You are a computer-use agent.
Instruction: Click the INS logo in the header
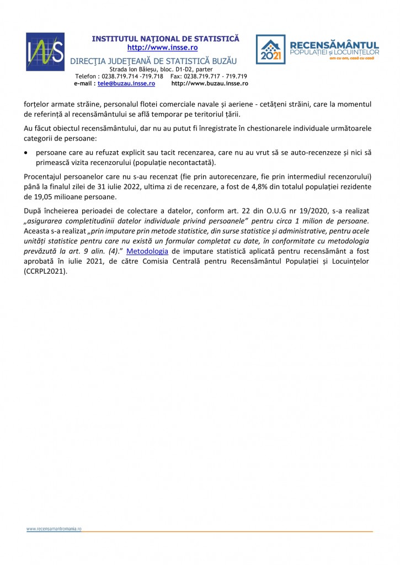pyautogui.click(x=45, y=51)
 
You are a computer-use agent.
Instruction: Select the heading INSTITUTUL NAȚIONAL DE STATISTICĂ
pyautogui.click(x=166, y=39)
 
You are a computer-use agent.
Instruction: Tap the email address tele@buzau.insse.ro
pyautogui.click(x=126, y=84)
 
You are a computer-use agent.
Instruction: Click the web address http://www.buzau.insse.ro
pyautogui.click(x=210, y=84)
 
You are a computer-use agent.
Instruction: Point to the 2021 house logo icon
pyautogui.click(x=270, y=50)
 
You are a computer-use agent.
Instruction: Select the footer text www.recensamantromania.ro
pyautogui.click(x=54, y=528)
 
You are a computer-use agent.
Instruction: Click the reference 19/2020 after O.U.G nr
pyautogui.click(x=300, y=210)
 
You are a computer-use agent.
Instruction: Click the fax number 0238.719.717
pyautogui.click(x=206, y=76)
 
